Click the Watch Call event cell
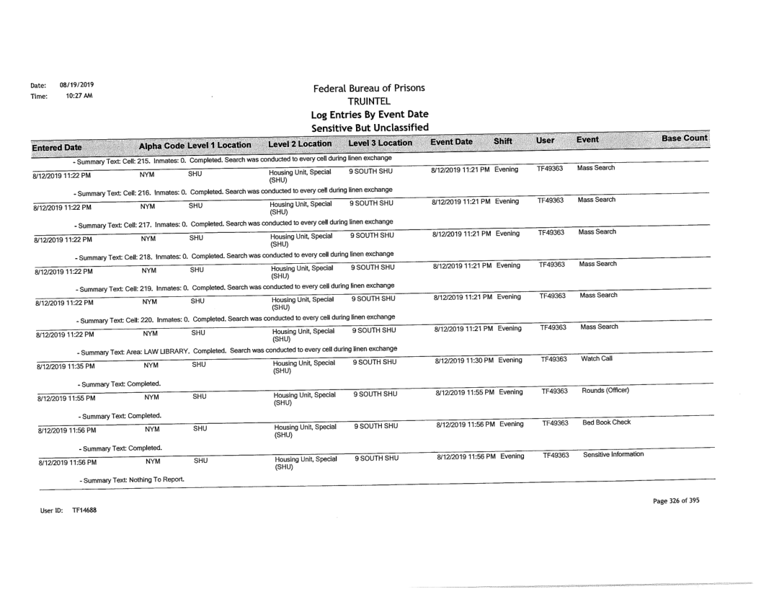click(x=597, y=358)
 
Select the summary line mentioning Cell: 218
click(x=233, y=255)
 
